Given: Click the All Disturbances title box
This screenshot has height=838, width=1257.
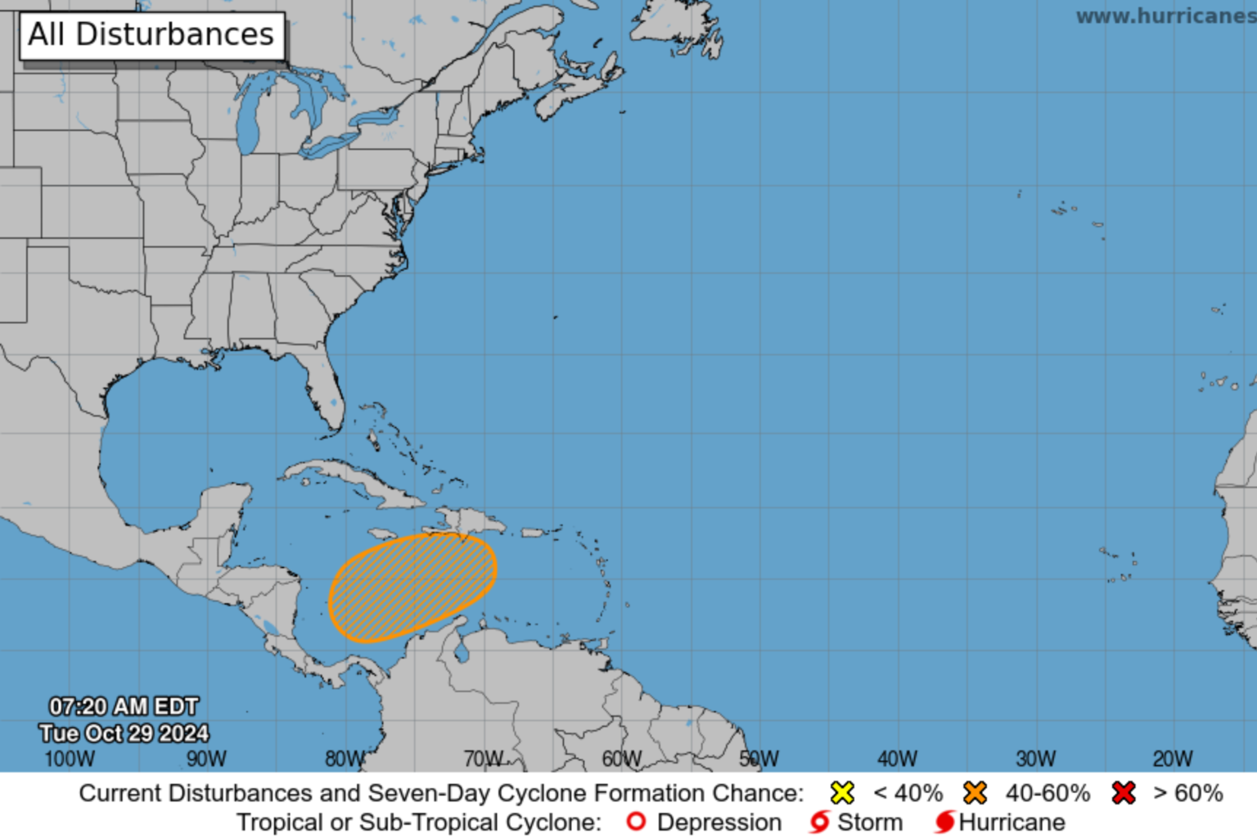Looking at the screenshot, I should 151,35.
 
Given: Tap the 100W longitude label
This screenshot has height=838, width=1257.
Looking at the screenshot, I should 70,759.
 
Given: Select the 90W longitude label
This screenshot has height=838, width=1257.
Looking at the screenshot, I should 206,759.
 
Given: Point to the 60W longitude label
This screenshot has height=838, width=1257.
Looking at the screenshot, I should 622,759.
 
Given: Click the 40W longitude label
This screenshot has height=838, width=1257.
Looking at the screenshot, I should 898,759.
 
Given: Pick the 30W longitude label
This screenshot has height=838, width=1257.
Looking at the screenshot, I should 1036,759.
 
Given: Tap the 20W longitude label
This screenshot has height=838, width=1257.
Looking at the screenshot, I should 1173,759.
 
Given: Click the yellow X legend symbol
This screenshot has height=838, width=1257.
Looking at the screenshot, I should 842,793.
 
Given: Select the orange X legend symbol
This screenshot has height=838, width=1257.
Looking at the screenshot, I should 975,793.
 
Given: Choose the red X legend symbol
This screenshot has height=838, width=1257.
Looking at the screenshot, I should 1124,793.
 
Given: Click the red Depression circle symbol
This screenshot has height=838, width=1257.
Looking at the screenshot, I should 636,821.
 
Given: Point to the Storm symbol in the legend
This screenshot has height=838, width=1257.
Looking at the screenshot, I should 819,822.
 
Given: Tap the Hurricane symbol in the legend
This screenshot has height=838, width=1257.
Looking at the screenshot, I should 944,822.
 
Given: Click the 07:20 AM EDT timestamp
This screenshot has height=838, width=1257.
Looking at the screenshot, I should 124,706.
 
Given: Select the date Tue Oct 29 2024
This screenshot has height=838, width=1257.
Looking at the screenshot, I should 124,733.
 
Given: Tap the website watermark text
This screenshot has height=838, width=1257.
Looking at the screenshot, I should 1165,16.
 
